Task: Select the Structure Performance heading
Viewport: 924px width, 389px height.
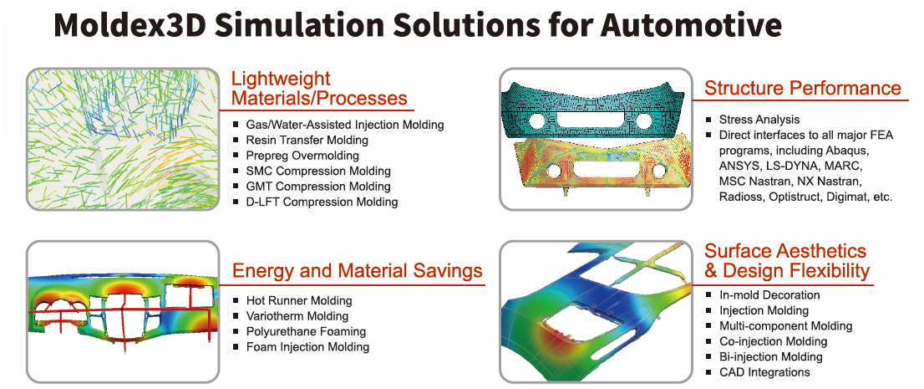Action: point(803,88)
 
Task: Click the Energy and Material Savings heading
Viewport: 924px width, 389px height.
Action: point(357,270)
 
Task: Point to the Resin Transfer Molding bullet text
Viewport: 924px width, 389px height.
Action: point(307,140)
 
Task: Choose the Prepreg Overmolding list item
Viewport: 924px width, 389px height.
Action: point(303,156)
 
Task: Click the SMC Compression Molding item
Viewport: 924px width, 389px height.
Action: point(318,171)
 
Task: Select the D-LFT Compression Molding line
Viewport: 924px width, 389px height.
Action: point(322,202)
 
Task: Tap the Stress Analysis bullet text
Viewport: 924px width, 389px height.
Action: point(759,120)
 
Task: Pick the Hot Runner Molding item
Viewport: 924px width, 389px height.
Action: point(299,300)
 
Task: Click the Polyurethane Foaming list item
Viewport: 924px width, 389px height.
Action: point(306,331)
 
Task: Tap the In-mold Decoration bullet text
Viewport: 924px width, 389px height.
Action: point(769,294)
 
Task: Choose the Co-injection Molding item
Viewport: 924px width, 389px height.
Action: point(773,341)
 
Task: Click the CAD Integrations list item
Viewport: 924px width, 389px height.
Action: point(764,372)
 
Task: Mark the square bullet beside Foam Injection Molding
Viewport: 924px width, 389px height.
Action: point(236,346)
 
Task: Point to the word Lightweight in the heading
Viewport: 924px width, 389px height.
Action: point(281,79)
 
